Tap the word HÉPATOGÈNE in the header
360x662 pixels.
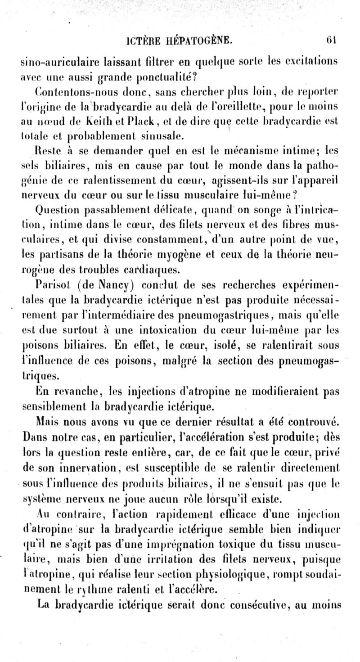[196, 42]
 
